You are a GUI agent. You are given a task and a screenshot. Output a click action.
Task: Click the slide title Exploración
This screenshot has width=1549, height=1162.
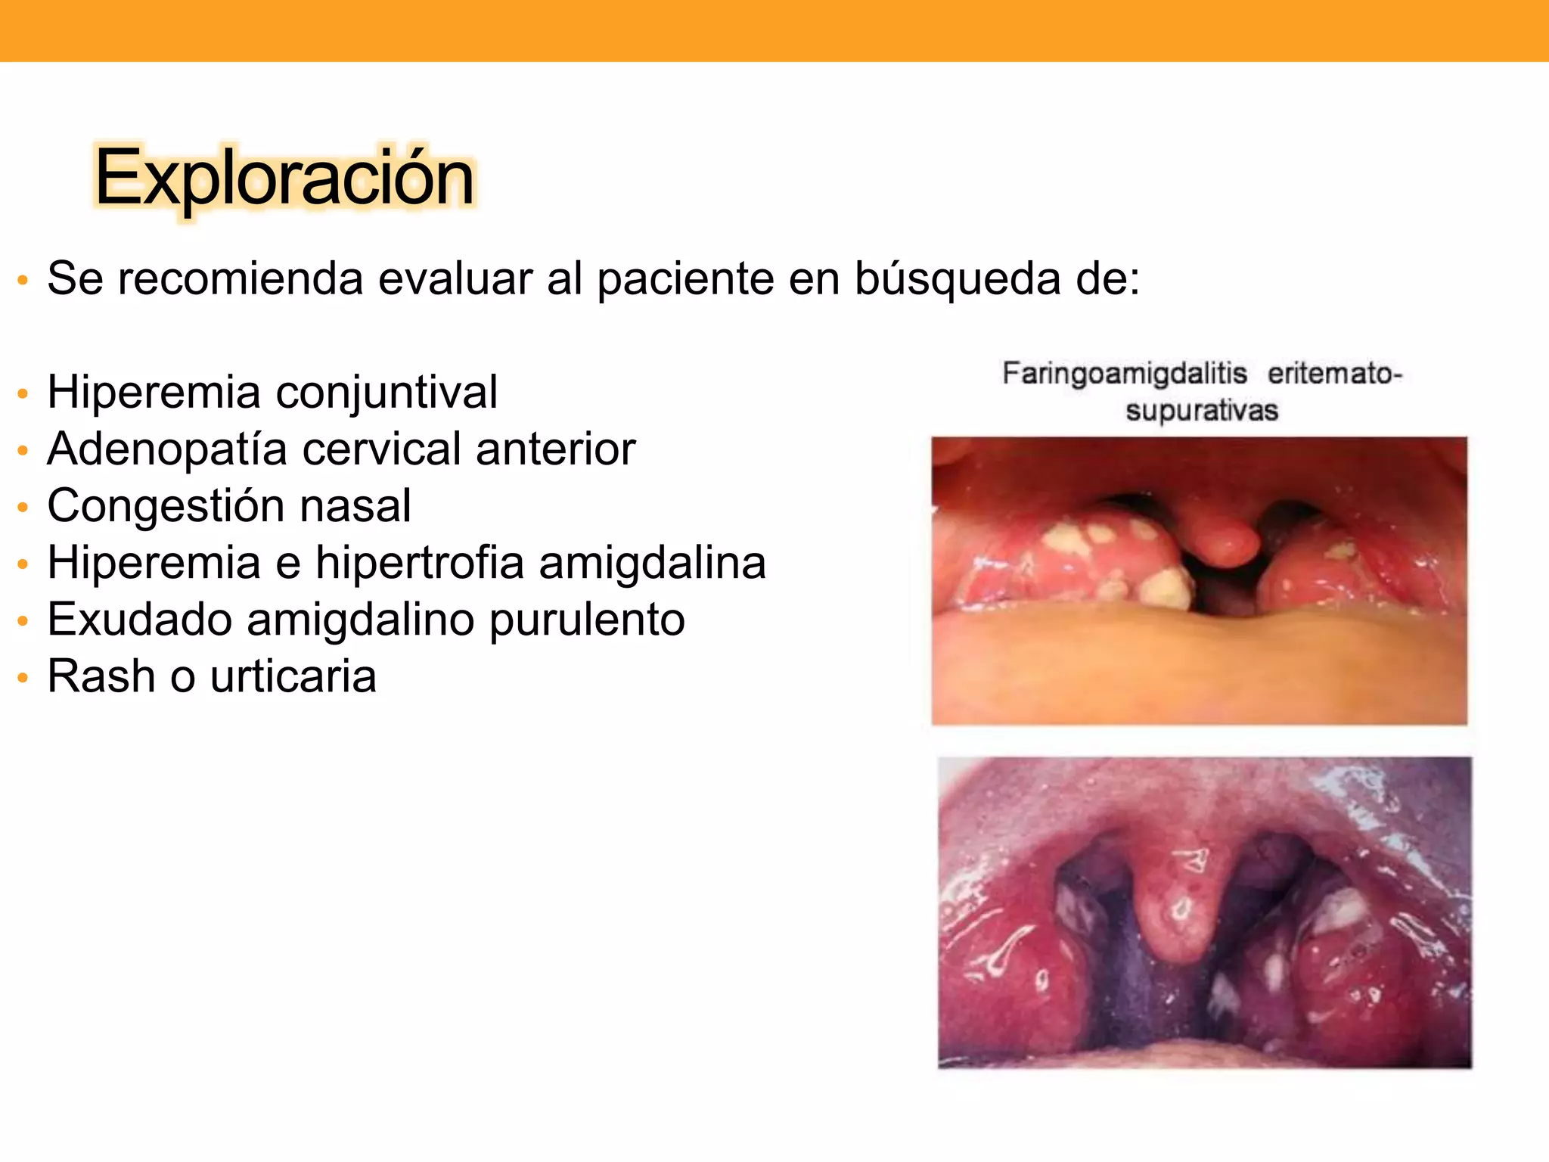click(284, 178)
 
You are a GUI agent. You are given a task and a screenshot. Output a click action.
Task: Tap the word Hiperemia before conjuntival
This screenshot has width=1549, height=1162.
click(154, 392)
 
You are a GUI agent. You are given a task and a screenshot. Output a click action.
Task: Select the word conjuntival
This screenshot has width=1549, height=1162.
click(386, 393)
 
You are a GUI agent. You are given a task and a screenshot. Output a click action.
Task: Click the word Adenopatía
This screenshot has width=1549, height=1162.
click(167, 449)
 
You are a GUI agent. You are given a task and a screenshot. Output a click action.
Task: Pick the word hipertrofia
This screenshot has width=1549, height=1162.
click(420, 564)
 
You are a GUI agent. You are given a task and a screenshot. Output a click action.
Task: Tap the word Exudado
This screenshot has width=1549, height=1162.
click(140, 620)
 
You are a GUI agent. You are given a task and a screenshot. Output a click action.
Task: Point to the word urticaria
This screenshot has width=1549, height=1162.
click(293, 676)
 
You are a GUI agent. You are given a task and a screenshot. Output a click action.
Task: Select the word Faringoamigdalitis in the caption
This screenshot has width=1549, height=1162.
click(1125, 374)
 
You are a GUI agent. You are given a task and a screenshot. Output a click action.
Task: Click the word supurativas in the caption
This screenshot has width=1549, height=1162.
click(1202, 411)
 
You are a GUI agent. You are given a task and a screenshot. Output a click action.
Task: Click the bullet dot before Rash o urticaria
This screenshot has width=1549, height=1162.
click(23, 677)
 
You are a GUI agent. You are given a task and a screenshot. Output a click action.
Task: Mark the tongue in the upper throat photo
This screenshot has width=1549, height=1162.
click(1199, 666)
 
